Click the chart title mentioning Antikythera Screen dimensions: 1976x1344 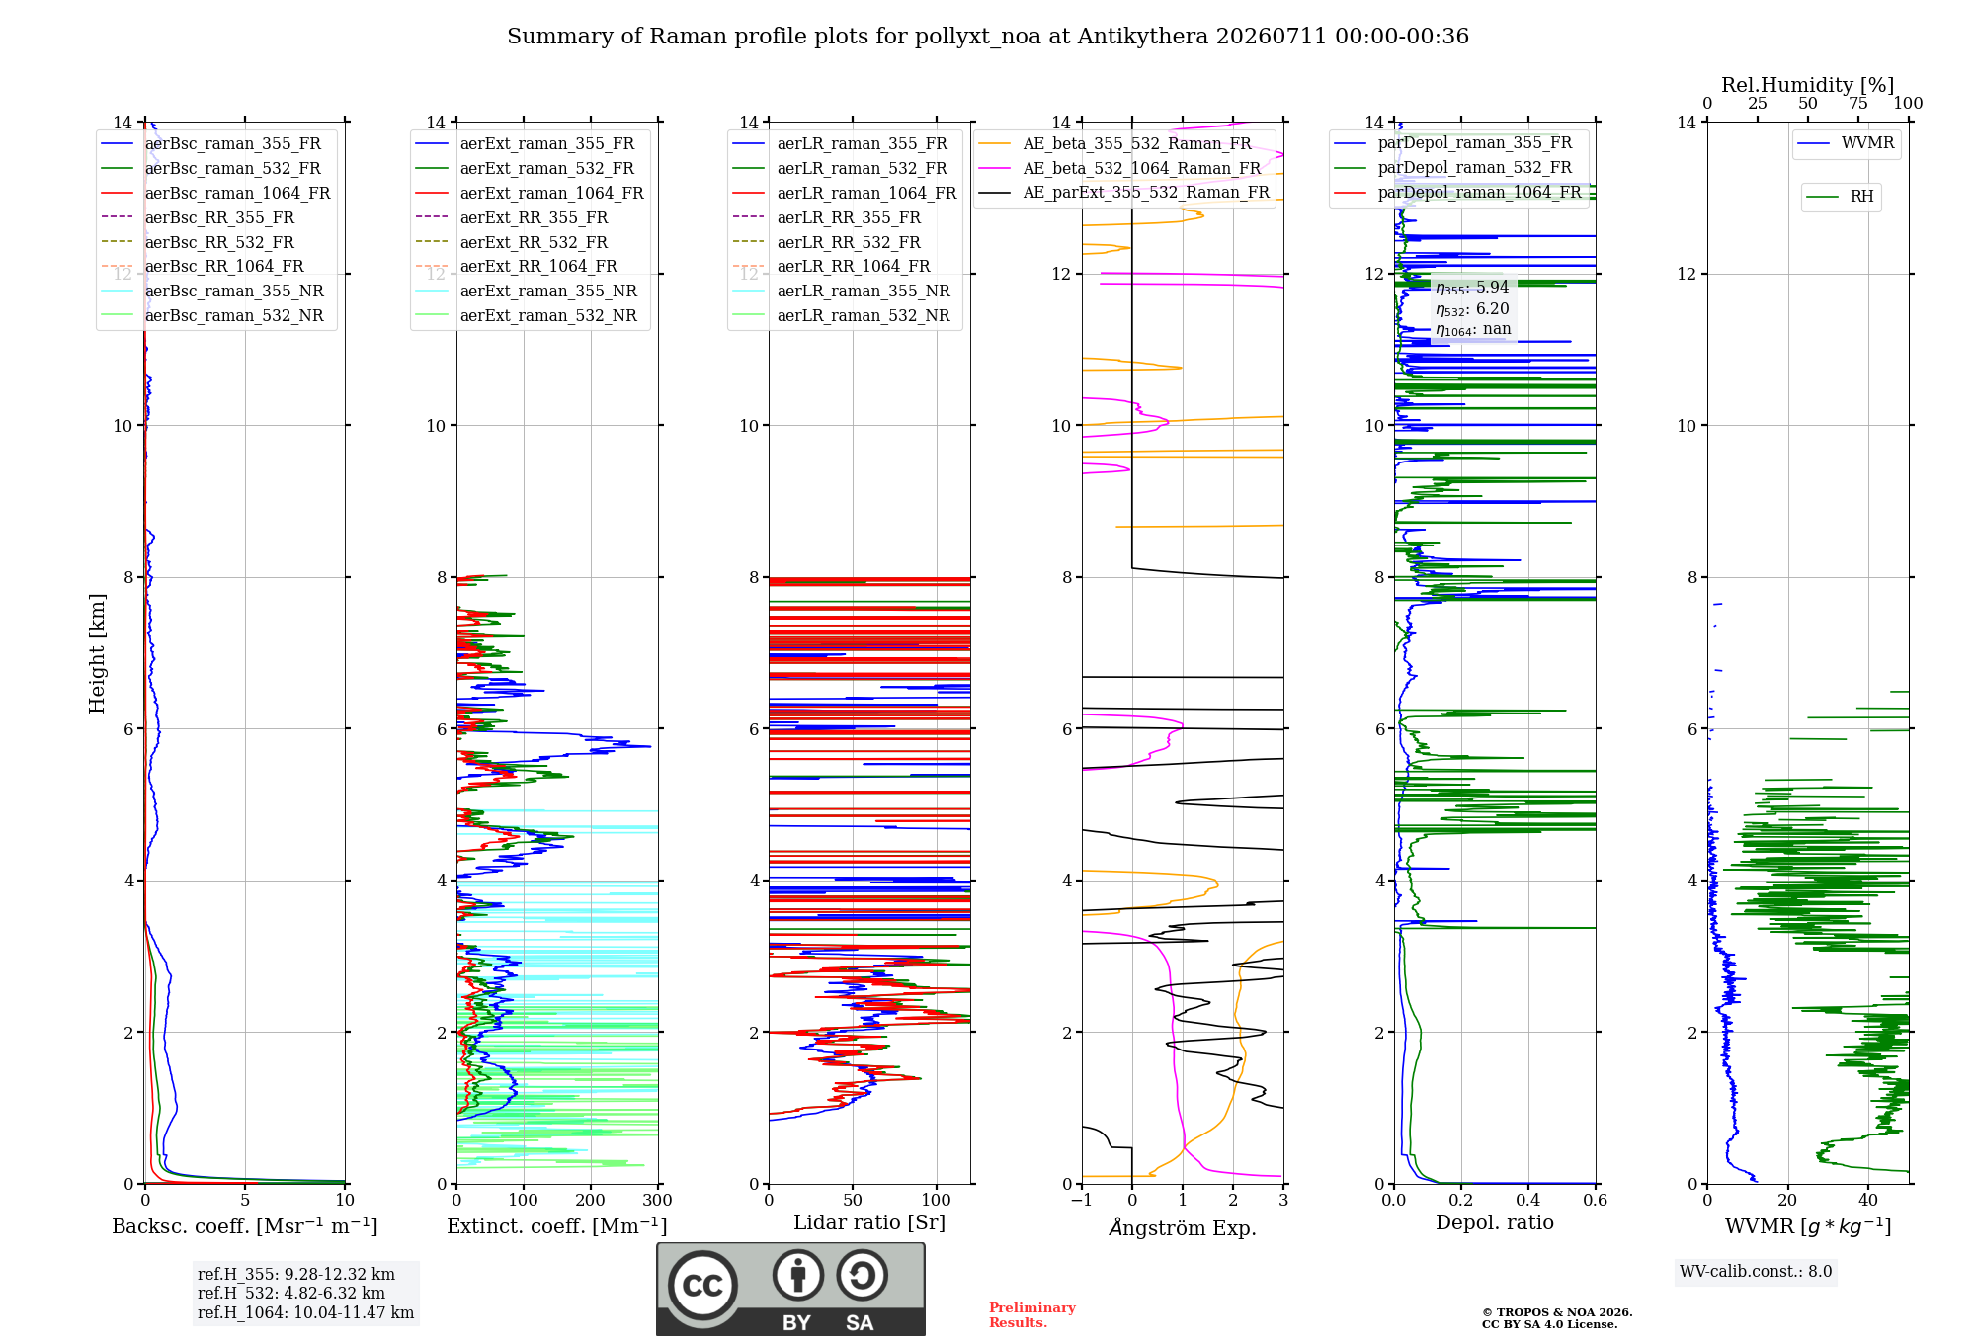pyautogui.click(x=988, y=37)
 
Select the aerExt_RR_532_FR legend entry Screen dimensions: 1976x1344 pyautogui.click(x=512, y=242)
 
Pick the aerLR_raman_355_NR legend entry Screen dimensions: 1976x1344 pyautogui.click(x=842, y=291)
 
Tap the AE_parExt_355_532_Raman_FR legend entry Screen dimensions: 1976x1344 pyautogui.click(x=1124, y=192)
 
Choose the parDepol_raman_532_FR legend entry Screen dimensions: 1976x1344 pyautogui.click(x=1453, y=167)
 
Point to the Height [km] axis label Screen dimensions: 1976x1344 pyautogui.click(x=97, y=653)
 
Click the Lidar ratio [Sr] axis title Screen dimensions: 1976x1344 pyautogui.click(x=869, y=1222)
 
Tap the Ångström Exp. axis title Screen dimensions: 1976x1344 pyautogui.click(x=1183, y=1227)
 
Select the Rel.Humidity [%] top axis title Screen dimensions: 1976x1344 pyautogui.click(x=1808, y=85)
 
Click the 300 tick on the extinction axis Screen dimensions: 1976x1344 pyautogui.click(x=658, y=1201)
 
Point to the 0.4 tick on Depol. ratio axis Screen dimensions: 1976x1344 pyautogui.click(x=1528, y=1201)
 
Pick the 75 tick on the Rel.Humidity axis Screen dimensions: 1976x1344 pyautogui.click(x=1858, y=103)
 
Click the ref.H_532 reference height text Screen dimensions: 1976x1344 pyautogui.click(x=291, y=1293)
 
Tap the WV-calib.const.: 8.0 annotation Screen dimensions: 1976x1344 pyautogui.click(x=1756, y=1271)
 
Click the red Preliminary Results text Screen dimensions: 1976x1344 pyautogui.click(x=1032, y=1315)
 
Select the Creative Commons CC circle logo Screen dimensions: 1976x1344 pyautogui.click(x=702, y=1285)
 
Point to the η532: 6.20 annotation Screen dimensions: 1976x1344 pyautogui.click(x=1472, y=309)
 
